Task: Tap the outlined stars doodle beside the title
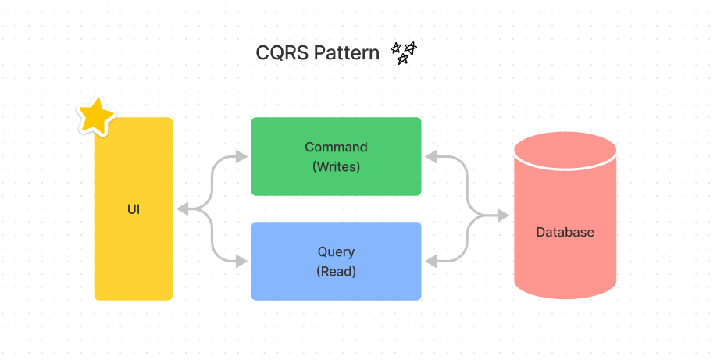click(x=403, y=53)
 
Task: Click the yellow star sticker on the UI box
click(x=96, y=116)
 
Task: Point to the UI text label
click(x=134, y=209)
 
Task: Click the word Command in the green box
click(x=336, y=147)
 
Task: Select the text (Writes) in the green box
click(x=336, y=166)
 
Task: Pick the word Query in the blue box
click(x=336, y=251)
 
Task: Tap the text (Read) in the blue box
click(x=336, y=271)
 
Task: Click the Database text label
click(x=565, y=232)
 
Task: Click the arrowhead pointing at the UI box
click(x=181, y=209)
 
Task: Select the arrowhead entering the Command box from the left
click(x=243, y=157)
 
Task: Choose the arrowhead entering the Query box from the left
click(x=243, y=261)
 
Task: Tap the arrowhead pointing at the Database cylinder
click(x=505, y=216)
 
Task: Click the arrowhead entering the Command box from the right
click(x=430, y=157)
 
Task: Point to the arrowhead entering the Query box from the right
click(x=430, y=261)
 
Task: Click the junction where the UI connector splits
click(x=205, y=209)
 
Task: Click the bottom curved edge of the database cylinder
click(x=565, y=298)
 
